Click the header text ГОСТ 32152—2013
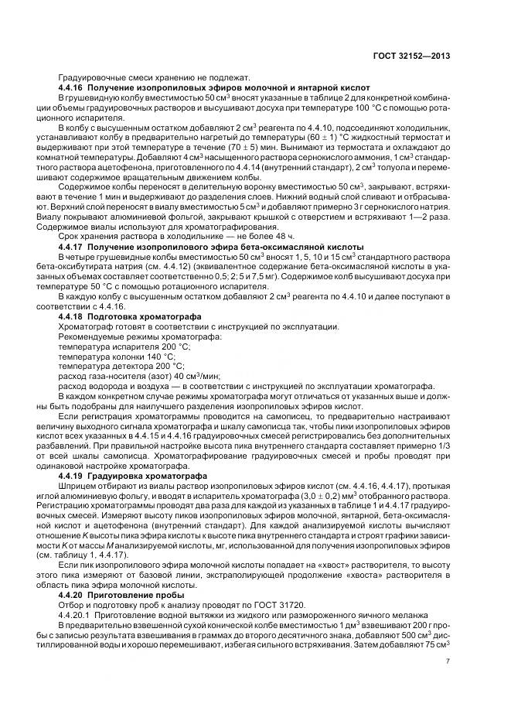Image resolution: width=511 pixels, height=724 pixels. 411,56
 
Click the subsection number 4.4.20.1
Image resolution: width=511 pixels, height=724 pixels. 77,617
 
